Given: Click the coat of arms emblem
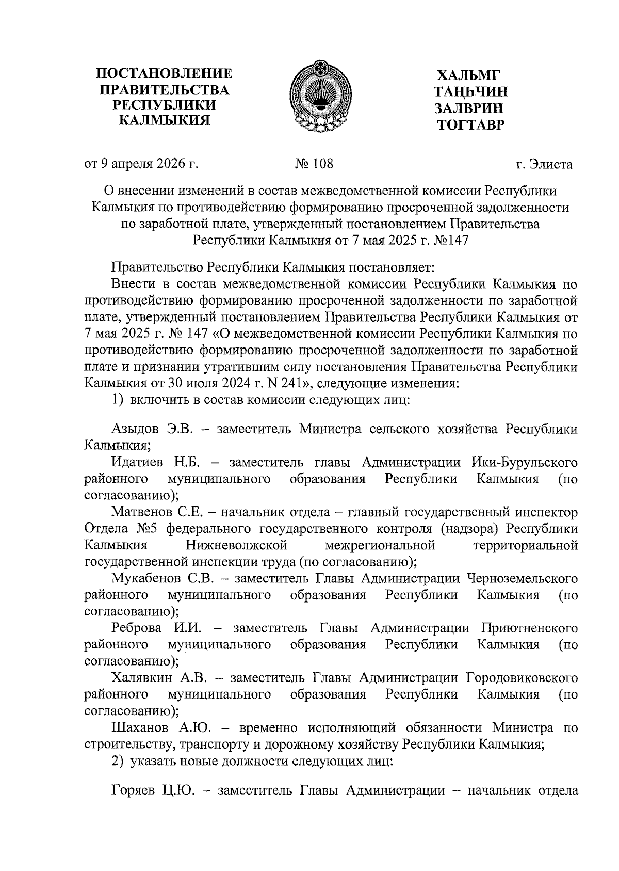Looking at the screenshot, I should point(320,97).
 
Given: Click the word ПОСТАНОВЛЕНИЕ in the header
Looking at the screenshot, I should point(165,74).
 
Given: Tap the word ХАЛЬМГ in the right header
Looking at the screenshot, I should point(469,75).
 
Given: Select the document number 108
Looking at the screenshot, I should point(322,164).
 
